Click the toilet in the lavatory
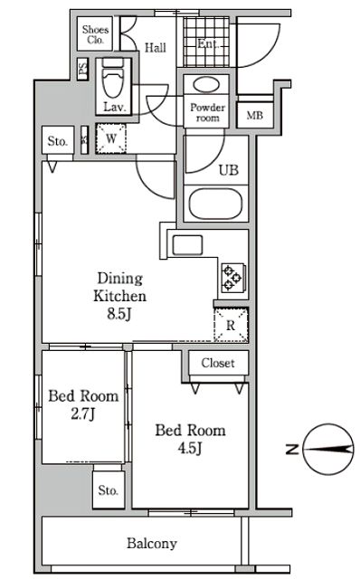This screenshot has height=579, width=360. point(113,80)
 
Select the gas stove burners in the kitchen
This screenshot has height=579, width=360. point(232,277)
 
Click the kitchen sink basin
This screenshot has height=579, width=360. point(187,245)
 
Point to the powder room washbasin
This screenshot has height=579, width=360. point(206,85)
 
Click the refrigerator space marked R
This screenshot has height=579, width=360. point(231,325)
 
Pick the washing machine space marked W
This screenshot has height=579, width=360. point(111,138)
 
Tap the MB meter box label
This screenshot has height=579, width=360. point(255,116)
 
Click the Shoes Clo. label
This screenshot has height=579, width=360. point(95,34)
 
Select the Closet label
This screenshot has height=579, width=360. point(218,363)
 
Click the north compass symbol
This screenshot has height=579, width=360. point(327,449)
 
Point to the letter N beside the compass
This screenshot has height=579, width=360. point(292,449)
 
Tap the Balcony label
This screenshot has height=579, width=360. point(152,544)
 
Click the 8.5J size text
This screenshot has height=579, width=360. point(119,314)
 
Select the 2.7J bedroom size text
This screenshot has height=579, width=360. point(83,414)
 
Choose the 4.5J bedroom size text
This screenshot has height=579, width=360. point(190,449)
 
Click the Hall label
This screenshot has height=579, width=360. point(155,48)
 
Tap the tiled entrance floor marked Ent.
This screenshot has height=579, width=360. point(207,43)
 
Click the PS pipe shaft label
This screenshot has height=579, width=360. point(83,69)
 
